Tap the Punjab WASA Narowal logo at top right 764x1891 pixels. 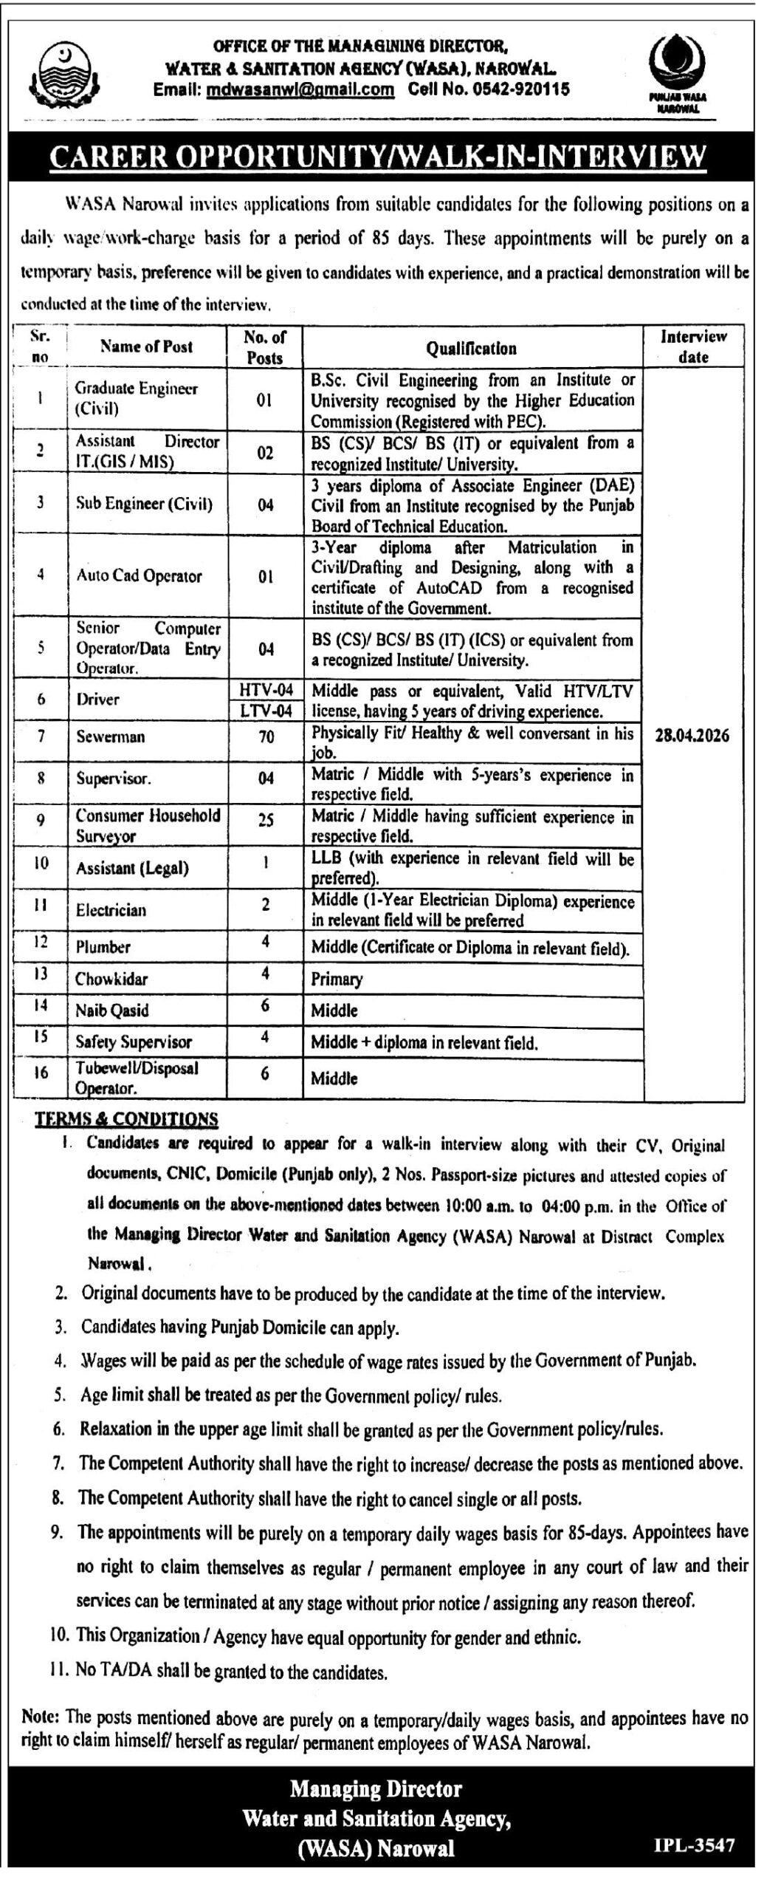(676, 75)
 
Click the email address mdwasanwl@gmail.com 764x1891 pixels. (300, 90)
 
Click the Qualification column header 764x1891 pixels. (472, 348)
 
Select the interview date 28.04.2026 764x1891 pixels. (693, 736)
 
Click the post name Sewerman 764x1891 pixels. (111, 736)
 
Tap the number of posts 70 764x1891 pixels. (266, 736)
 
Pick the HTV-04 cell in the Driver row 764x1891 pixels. (266, 690)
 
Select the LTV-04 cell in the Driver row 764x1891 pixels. (266, 711)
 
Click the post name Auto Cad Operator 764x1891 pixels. (139, 576)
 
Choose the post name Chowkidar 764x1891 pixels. (111, 979)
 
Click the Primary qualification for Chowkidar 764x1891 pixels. (337, 979)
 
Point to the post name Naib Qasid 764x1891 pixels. (111, 1011)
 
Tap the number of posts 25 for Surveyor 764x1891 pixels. (266, 820)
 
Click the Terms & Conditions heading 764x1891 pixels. (126, 1119)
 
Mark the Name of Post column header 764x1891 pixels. (146, 346)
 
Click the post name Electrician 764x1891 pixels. (111, 910)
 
